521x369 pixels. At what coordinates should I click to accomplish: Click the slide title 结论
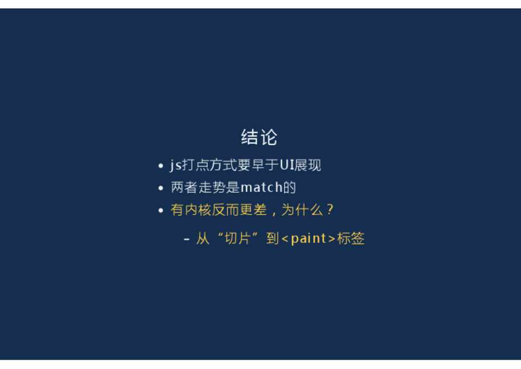click(259, 137)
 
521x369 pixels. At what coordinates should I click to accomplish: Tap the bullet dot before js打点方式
click(161, 166)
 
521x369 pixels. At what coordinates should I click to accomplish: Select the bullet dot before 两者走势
click(161, 189)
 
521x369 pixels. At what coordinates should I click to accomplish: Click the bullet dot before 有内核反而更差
click(161, 211)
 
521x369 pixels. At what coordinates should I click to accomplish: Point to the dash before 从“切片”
click(187, 239)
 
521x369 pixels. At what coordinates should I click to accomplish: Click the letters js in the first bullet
click(176, 165)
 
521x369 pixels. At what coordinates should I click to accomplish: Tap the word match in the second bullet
click(262, 187)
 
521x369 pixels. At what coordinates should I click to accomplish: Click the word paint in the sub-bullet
click(308, 239)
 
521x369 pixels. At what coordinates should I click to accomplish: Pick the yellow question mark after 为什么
click(330, 210)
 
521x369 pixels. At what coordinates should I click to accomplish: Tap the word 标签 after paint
click(351, 238)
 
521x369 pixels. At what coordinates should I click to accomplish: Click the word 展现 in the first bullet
click(308, 165)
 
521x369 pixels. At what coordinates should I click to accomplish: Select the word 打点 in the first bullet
click(195, 165)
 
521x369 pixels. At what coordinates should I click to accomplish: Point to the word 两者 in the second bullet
click(184, 187)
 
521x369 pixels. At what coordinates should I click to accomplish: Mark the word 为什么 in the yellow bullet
click(302, 210)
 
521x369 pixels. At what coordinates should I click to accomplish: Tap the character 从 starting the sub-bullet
click(202, 238)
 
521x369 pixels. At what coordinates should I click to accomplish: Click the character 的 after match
click(289, 187)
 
